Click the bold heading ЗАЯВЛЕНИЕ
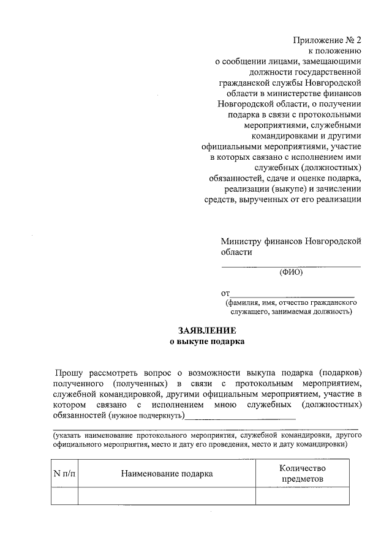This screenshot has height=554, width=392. coord(206,330)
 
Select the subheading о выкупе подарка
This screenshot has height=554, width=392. coord(206,342)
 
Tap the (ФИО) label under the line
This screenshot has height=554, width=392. coord(291,273)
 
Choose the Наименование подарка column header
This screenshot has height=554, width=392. coord(167,473)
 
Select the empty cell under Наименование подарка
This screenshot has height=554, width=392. coord(167,496)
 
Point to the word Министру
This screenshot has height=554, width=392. coord(244,241)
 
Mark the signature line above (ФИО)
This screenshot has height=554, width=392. coord(291,266)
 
